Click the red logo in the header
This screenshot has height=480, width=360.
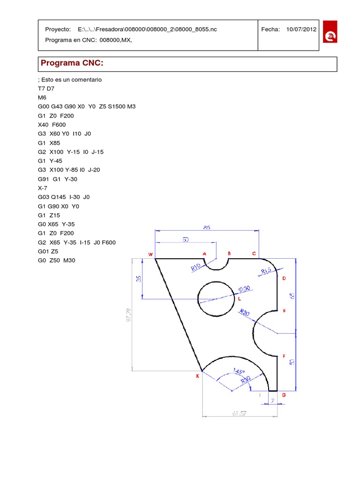(330, 31)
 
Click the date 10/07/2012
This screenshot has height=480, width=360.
(301, 29)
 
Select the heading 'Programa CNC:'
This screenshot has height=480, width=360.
(72, 63)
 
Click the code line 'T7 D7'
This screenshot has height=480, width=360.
(47, 88)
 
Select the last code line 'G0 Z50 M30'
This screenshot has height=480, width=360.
(56, 261)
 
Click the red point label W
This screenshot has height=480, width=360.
(150, 255)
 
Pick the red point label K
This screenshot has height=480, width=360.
(197, 375)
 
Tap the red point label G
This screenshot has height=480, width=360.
(284, 395)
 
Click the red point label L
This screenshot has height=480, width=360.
(239, 299)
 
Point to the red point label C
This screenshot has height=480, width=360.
(254, 254)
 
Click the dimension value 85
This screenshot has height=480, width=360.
(207, 227)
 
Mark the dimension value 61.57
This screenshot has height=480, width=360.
(240, 413)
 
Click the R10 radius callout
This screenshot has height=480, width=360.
(196, 268)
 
